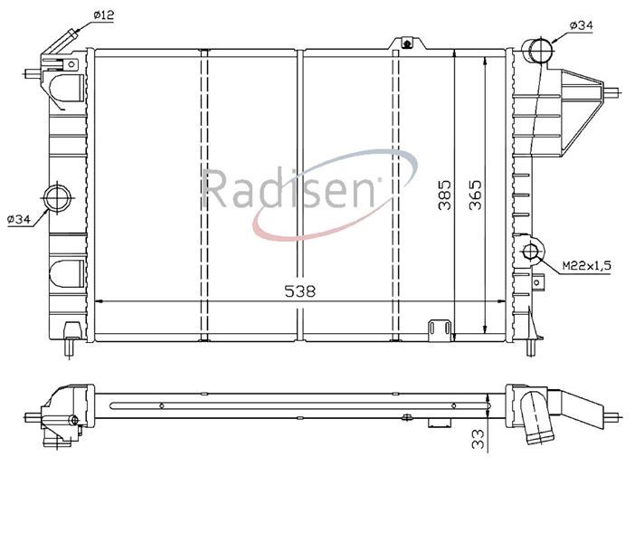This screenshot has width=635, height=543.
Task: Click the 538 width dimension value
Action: tap(299, 291)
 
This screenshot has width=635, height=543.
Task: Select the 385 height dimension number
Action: tap(444, 195)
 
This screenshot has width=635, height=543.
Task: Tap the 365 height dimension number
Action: tap(476, 195)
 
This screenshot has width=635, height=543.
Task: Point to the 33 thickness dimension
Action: tap(479, 439)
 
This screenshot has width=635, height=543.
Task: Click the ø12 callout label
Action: tap(104, 15)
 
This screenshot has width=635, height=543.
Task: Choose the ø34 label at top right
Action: tap(581, 25)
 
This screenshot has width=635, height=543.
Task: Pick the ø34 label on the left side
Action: tap(19, 219)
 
